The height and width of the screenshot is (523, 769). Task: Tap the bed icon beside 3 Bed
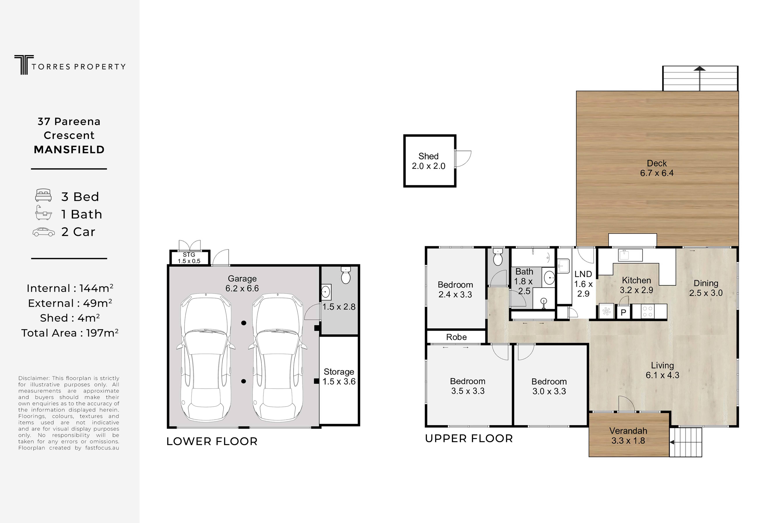click(43, 195)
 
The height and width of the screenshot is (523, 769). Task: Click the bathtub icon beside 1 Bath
click(43, 213)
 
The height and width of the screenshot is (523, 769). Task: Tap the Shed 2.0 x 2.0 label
click(428, 161)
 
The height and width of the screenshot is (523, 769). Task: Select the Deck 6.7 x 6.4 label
click(657, 168)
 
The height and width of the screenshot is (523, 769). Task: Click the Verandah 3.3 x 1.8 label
click(628, 436)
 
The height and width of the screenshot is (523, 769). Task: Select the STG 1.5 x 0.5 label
click(189, 258)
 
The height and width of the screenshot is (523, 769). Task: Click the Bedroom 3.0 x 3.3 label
click(549, 386)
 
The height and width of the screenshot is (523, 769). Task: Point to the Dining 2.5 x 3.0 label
click(706, 288)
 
